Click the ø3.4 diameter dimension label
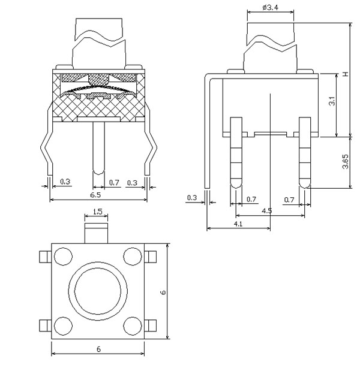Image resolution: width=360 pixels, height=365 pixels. point(269,7)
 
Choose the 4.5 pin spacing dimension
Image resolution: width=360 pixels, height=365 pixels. point(267,211)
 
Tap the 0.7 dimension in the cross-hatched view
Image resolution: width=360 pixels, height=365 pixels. point(116,182)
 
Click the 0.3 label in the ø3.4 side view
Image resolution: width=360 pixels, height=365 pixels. point(192,197)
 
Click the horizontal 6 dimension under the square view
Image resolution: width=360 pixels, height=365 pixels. point(97,348)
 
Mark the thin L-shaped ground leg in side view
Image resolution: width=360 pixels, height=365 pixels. point(208,132)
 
